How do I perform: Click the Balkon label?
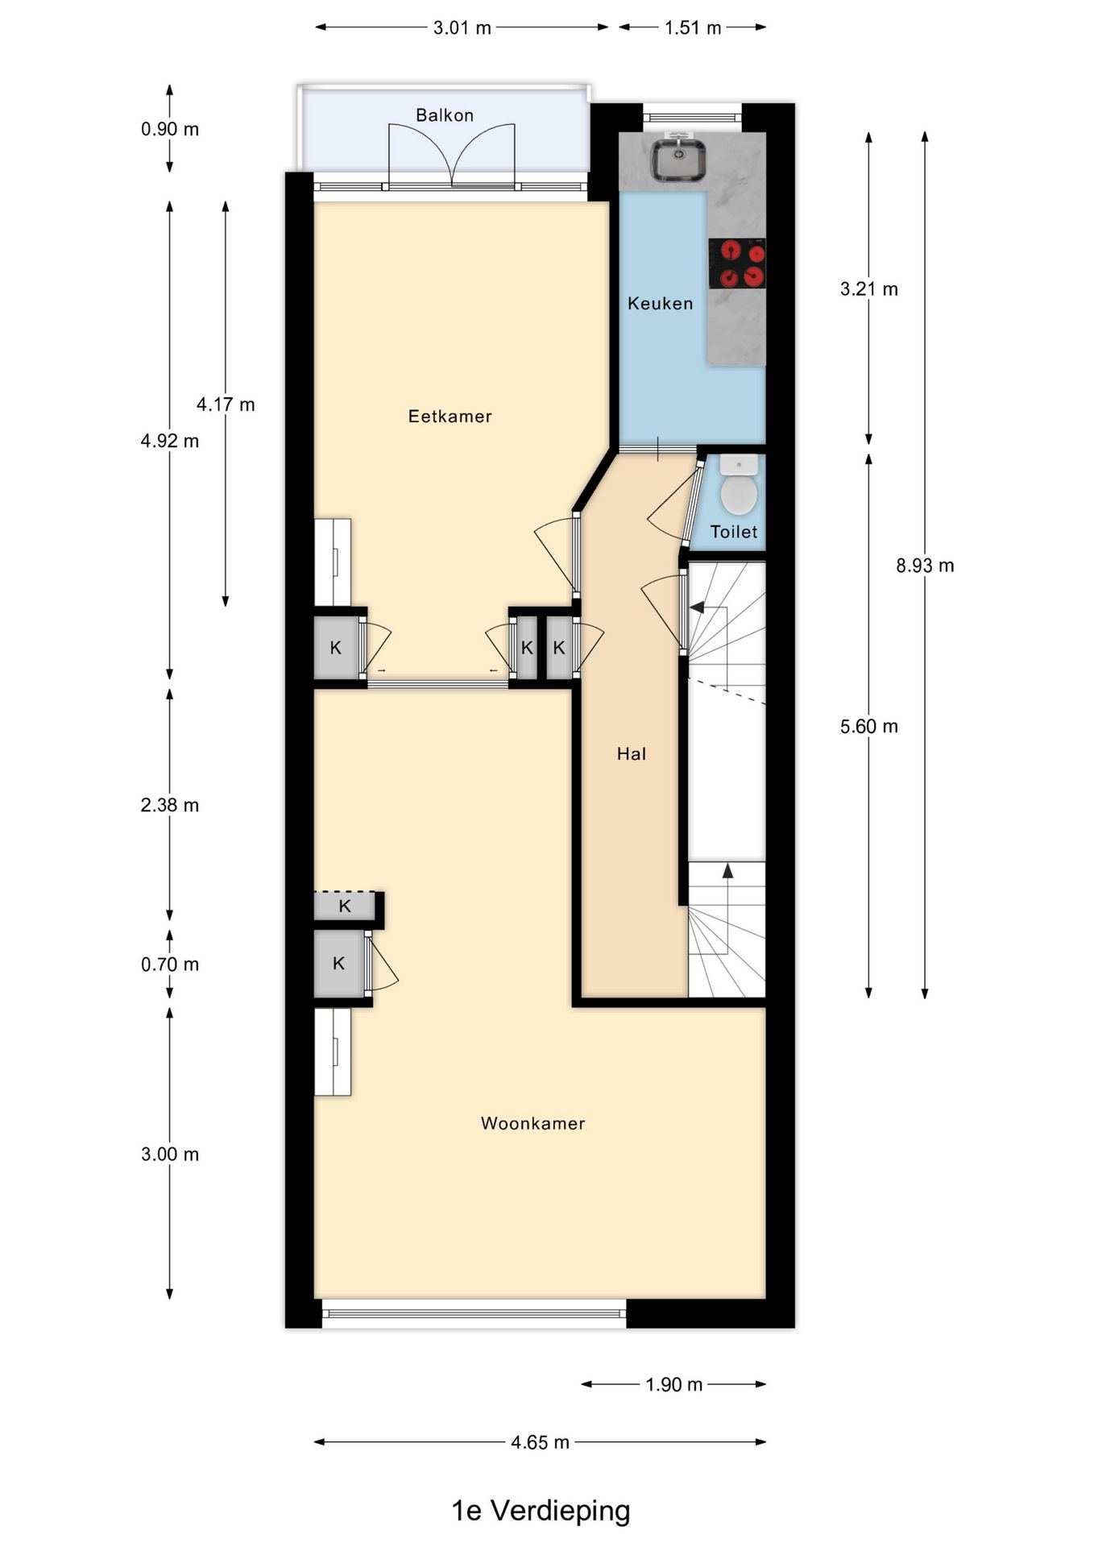(x=445, y=115)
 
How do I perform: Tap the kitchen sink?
(x=679, y=160)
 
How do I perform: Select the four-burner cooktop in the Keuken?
(x=737, y=263)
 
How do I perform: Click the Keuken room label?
(x=661, y=304)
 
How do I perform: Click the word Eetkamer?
(x=450, y=417)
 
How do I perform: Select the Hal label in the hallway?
(x=632, y=754)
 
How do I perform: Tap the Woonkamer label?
(x=532, y=1123)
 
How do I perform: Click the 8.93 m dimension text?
(x=925, y=566)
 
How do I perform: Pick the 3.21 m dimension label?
(x=868, y=289)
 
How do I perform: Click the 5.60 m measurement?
(x=868, y=727)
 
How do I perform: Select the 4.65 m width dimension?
(x=540, y=1442)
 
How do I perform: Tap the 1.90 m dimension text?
(x=673, y=1385)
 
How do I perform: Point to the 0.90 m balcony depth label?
(x=170, y=130)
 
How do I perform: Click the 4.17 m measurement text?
(x=226, y=404)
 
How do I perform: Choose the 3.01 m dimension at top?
(x=462, y=28)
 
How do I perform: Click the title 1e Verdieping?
(x=541, y=1511)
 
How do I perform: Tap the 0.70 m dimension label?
(x=170, y=964)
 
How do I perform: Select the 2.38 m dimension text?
(x=170, y=805)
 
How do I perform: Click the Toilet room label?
(x=734, y=532)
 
